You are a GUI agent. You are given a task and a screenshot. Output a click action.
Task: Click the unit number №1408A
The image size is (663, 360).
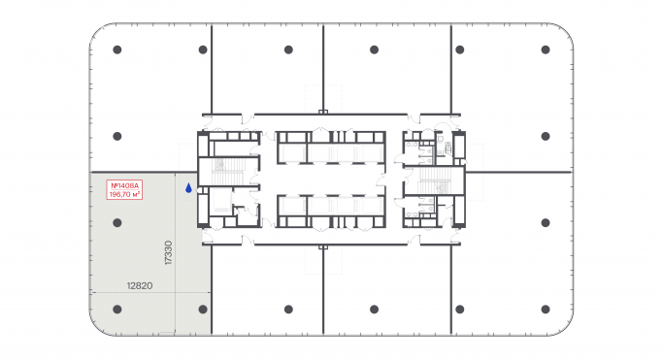124,185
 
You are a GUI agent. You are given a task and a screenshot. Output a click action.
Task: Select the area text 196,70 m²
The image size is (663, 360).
124,194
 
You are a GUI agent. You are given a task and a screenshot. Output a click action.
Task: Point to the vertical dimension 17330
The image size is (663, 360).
169,252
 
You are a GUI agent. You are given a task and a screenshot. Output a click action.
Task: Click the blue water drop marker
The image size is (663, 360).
189,188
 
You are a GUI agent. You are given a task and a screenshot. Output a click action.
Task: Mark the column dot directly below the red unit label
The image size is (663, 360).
116,222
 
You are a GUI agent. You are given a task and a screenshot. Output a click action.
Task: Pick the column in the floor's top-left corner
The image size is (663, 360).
116,49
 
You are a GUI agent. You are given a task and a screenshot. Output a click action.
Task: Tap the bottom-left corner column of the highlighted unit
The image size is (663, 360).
116,310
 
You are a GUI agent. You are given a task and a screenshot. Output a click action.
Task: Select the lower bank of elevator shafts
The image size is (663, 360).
331,208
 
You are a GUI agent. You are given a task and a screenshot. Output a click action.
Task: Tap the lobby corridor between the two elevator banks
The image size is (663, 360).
331,180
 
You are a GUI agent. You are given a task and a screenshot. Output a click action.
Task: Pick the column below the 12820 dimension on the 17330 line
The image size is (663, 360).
203,310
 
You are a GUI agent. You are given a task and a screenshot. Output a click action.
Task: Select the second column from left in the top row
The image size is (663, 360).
203,49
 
